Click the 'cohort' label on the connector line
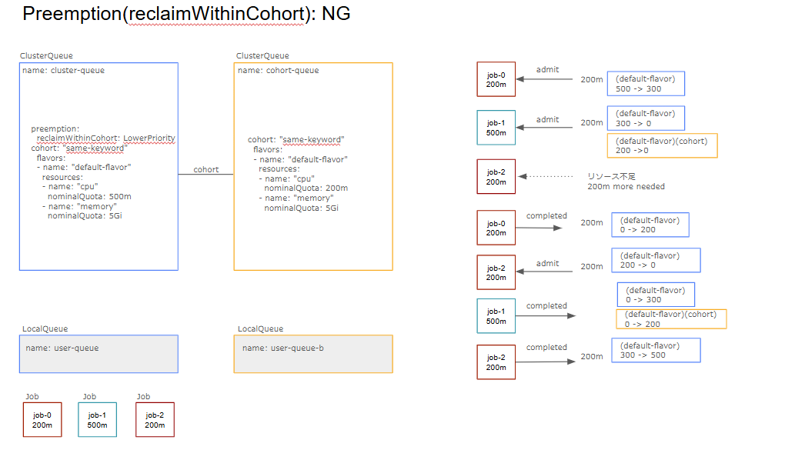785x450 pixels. click(205, 169)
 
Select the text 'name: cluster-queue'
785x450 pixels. click(64, 71)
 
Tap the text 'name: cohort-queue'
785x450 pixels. click(278, 71)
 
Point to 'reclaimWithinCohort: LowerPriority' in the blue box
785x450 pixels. click(106, 138)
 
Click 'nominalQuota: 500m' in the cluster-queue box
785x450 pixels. click(89, 196)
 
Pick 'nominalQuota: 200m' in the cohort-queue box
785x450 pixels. click(306, 188)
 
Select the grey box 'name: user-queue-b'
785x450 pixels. click(312, 354)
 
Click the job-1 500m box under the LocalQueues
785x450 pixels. click(97, 420)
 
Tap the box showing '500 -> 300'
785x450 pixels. click(646, 84)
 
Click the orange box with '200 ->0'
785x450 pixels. click(662, 145)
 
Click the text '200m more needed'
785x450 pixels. click(626, 186)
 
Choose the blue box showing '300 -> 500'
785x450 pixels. click(656, 350)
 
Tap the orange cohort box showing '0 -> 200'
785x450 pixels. click(671, 319)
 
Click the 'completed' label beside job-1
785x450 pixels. click(546, 305)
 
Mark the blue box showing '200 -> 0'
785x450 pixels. click(656, 260)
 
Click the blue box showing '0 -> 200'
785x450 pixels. click(650, 225)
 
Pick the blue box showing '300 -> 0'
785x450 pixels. click(646, 118)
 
